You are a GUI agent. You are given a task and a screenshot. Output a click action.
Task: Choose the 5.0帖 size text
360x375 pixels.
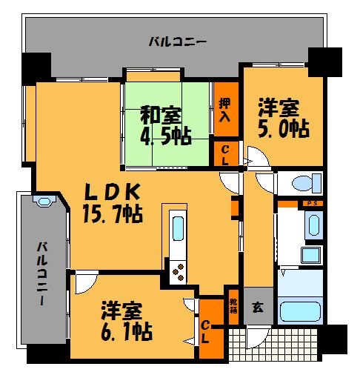[284, 127]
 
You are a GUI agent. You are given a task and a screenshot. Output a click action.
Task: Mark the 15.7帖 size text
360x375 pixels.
[113, 214]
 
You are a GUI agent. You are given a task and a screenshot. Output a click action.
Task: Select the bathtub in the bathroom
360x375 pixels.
[300, 296]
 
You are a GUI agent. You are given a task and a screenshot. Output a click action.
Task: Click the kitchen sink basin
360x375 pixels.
[178, 228]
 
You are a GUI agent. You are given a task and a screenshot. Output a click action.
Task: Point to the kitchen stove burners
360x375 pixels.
[179, 273]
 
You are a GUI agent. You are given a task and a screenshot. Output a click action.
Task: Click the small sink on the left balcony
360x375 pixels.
[44, 202]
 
